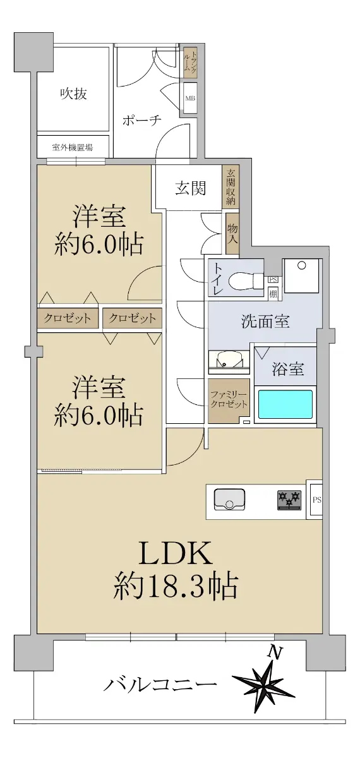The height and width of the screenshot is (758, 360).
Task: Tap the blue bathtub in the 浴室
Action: [285, 404]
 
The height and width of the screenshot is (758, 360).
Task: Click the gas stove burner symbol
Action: [289, 500]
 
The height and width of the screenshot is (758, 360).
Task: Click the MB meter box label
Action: [190, 99]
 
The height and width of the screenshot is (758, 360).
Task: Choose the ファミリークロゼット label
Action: [229, 399]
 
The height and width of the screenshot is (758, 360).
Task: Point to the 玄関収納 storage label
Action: [231, 187]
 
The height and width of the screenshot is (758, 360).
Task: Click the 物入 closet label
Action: [232, 234]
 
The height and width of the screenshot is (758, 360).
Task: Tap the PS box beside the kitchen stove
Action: [317, 500]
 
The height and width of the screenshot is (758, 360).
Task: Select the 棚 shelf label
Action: [273, 294]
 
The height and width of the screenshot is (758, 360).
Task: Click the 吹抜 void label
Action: [74, 93]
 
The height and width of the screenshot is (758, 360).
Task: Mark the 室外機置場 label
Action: [73, 147]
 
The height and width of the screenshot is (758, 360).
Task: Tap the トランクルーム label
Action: [190, 61]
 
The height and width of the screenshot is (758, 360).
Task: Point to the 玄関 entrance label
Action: [191, 188]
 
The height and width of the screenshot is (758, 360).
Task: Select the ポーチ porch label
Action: [142, 120]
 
